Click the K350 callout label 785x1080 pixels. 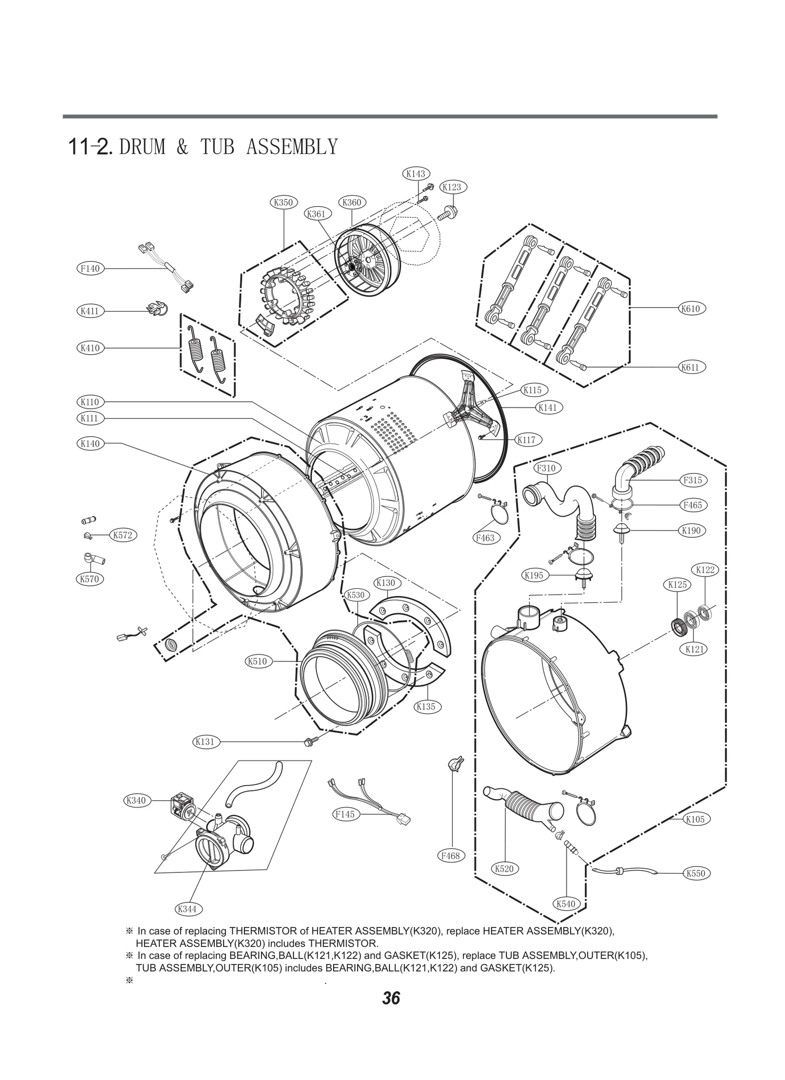284,202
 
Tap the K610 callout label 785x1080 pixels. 691,309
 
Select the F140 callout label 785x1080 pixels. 90,268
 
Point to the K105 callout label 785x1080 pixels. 695,819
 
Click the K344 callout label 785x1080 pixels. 187,909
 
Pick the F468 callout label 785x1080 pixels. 450,856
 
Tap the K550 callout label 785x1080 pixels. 696,873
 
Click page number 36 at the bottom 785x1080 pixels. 392,998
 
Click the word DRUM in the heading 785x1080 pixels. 142,147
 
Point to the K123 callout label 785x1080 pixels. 452,187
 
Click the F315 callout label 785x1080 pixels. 693,480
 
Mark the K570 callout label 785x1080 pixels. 90,579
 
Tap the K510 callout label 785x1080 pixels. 258,661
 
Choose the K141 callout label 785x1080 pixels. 548,407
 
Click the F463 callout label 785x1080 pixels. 485,538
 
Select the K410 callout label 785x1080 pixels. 90,348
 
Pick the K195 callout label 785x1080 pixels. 534,575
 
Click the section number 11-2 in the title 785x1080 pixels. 91,147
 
